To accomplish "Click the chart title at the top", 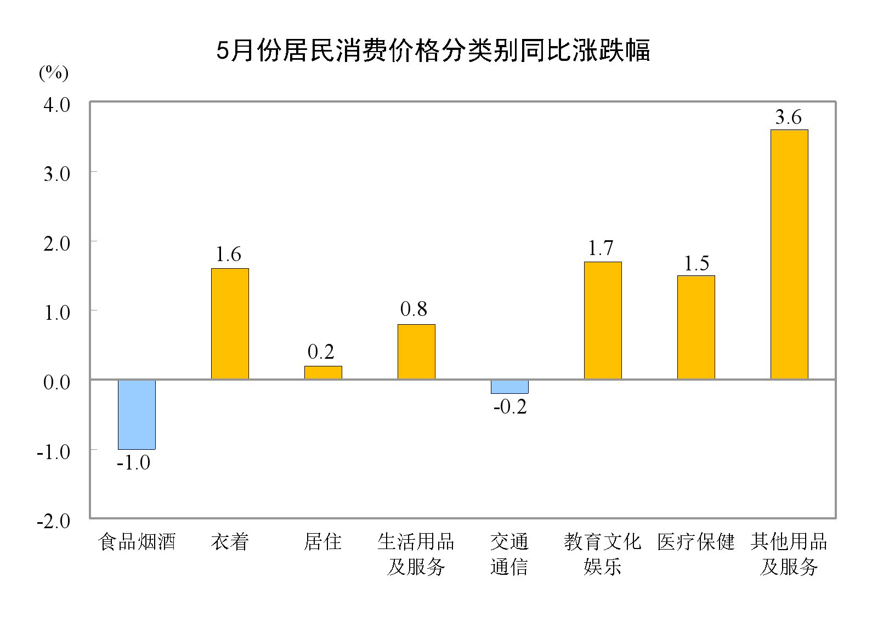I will [x=433, y=50].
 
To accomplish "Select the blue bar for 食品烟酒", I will [x=137, y=414].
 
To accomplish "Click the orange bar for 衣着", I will [x=230, y=324].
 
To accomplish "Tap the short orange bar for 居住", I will [x=323, y=372].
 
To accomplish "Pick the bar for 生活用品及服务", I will [x=416, y=352].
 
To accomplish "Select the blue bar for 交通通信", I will [x=509, y=387].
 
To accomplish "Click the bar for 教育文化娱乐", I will [x=603, y=320].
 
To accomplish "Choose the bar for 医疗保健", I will [x=696, y=327].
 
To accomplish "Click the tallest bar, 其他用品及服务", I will [x=789, y=255].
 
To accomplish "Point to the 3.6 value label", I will [x=788, y=117].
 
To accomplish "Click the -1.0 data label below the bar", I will [x=133, y=462].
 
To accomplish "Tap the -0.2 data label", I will [x=510, y=406].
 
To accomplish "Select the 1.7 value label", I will [x=601, y=248].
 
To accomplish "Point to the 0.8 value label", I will [x=414, y=309].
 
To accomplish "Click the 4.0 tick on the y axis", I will [x=57, y=104].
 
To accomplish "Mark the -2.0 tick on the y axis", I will [x=53, y=521].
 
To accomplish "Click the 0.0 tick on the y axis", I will [x=57, y=382].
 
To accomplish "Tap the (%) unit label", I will [x=54, y=72].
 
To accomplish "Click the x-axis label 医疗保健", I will [x=696, y=542].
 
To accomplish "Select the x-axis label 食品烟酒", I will [x=137, y=542].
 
